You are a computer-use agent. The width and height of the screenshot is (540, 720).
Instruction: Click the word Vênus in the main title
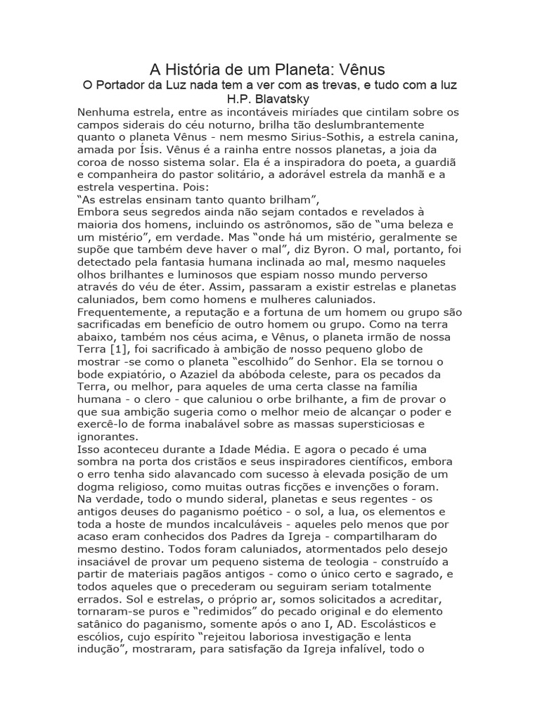coord(358,70)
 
